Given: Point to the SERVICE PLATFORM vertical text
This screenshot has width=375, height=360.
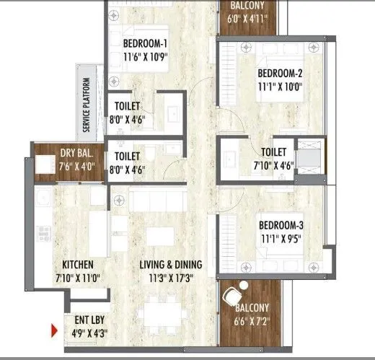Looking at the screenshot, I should pos(87,105).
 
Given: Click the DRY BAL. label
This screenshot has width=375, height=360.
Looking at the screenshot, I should pos(76,154).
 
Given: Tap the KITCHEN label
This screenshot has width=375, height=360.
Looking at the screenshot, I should pos(79,264).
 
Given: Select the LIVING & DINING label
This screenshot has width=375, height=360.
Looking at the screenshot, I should pos(170,264).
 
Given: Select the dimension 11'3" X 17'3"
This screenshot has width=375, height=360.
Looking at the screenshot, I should pos(170,276).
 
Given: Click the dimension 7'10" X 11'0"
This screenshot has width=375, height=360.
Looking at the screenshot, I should pos(79,276).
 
